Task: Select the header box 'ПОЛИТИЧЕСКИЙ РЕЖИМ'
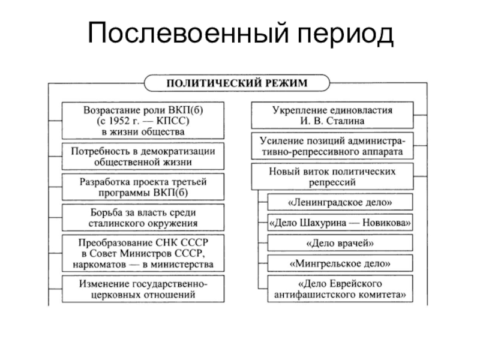coord(236,82)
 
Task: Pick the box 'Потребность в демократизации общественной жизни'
coord(143,156)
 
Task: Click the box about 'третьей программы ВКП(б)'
coord(143,187)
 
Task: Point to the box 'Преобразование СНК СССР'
coord(143,253)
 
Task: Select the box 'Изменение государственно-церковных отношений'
coord(143,289)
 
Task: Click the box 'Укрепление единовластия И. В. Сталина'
coord(332,116)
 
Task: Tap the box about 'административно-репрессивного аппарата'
coord(332,146)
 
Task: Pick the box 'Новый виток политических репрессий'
coord(332,176)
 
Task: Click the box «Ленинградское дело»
coord(340,202)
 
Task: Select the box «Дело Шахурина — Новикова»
coord(340,223)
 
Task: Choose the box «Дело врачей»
coord(340,243)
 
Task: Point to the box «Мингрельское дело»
coord(340,263)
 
